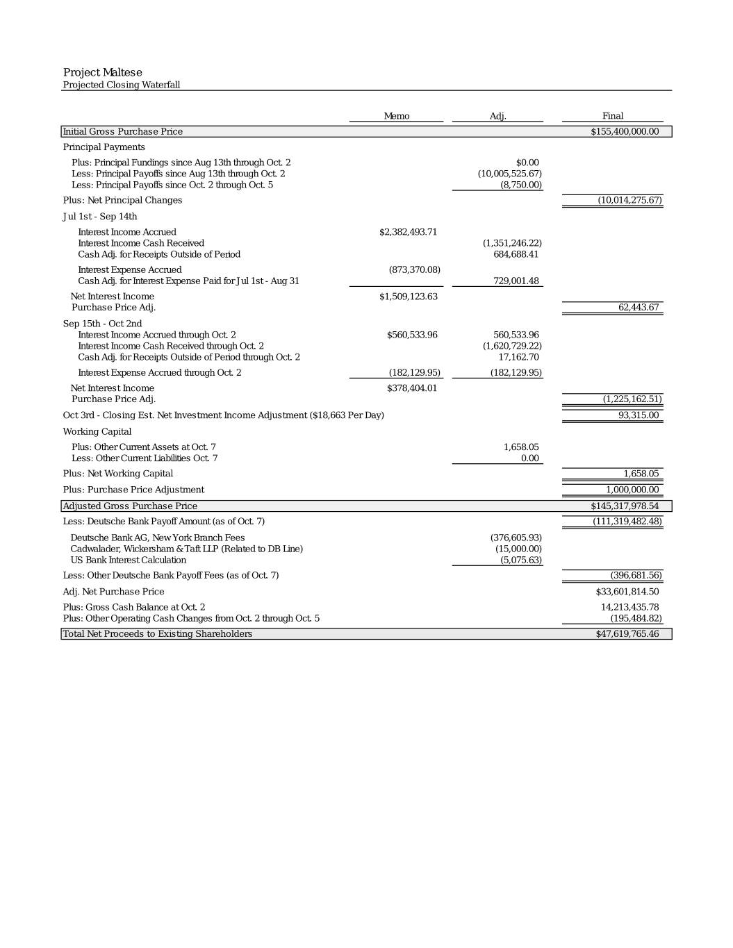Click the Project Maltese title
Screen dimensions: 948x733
[x=103, y=72]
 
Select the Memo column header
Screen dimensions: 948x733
[x=397, y=116]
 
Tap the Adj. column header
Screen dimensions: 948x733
[x=498, y=116]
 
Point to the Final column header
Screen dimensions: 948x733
[x=613, y=116]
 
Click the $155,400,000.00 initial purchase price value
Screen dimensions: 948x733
[x=625, y=131]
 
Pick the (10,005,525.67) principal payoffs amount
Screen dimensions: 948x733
[x=510, y=174]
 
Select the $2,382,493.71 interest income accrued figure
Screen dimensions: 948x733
[x=409, y=232]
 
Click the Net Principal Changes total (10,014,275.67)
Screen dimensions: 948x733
[x=629, y=200]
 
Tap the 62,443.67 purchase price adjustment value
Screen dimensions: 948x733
[x=639, y=307]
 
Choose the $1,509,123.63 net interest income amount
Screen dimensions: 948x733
[x=409, y=297]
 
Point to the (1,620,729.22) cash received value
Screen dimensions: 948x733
[x=512, y=346]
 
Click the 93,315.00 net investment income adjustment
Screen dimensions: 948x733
[x=639, y=415]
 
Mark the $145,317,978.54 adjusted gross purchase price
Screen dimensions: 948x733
[x=625, y=506]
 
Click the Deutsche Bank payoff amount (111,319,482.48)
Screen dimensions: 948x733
[x=627, y=522]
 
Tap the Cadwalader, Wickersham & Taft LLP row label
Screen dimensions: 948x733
[x=186, y=549]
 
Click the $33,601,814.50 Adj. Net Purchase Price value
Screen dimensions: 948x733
[x=627, y=592]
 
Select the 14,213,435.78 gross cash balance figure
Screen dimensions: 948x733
[x=629, y=607]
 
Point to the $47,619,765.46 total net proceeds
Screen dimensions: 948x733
[x=627, y=634]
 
